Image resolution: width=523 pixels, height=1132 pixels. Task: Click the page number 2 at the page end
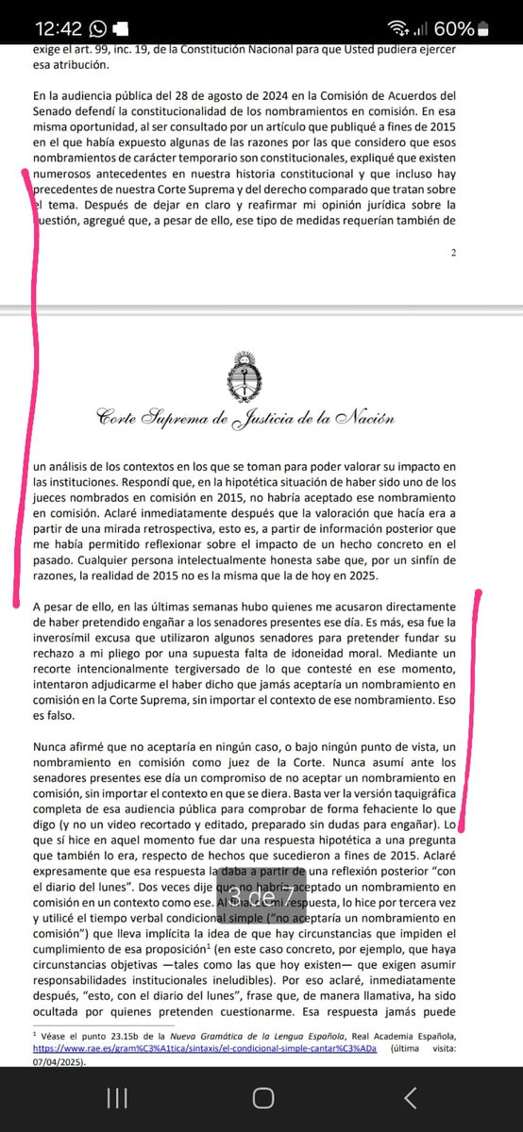click(454, 252)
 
